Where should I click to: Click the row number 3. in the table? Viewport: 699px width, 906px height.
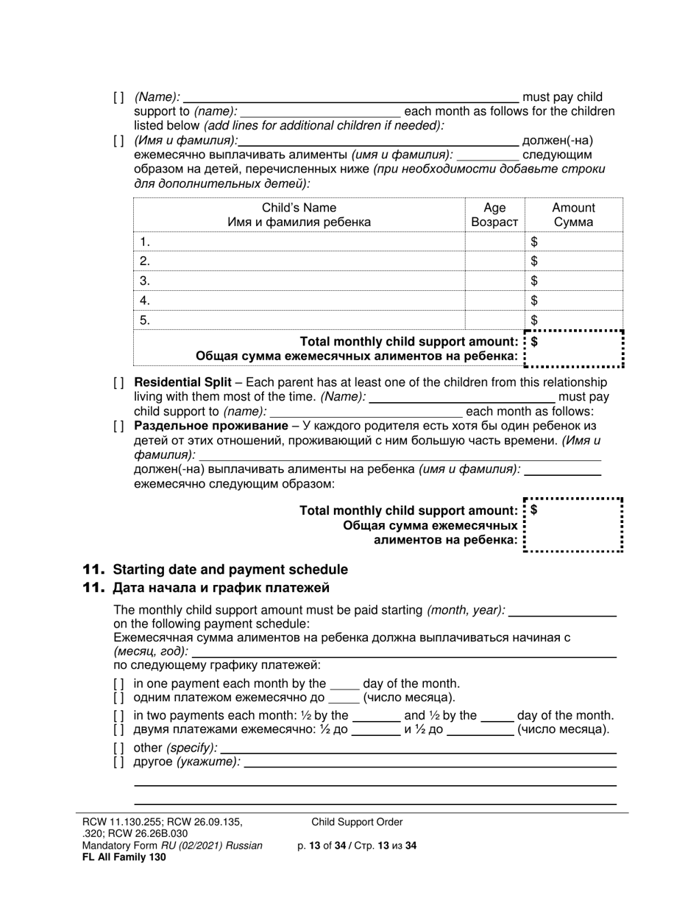coord(145,281)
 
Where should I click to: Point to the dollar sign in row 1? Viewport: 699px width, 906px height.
coord(534,242)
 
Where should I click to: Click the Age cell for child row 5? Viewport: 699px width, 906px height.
coord(494,320)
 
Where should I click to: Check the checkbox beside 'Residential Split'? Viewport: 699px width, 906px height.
coord(119,383)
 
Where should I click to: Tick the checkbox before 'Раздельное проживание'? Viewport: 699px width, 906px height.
coord(119,426)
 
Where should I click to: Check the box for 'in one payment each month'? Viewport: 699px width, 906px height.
coord(119,684)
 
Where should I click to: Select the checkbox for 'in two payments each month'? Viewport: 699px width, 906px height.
coord(119,715)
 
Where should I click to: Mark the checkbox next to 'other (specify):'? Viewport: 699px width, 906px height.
coord(119,748)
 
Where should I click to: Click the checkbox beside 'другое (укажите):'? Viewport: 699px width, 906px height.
coord(119,762)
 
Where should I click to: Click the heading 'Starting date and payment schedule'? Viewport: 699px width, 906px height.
coord(230,569)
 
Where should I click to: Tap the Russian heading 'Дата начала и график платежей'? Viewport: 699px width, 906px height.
coord(221,588)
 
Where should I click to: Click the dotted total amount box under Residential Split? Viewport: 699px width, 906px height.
coord(574,525)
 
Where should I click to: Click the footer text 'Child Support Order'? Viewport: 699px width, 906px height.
coord(357,822)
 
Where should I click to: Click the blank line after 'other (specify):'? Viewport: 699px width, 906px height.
coord(418,748)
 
